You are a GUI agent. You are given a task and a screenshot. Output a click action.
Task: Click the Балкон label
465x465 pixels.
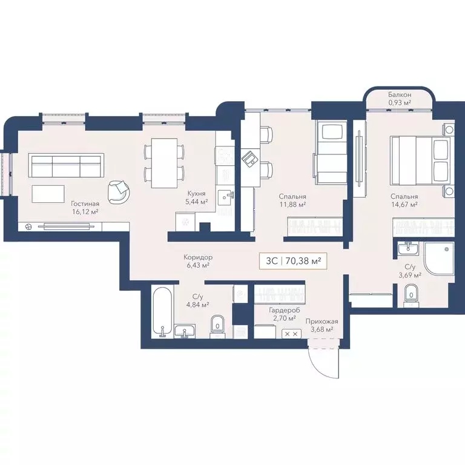coord(400,95)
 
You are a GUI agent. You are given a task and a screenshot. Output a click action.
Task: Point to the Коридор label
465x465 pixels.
coord(198,257)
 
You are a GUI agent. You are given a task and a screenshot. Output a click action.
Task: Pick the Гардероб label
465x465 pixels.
coord(284,309)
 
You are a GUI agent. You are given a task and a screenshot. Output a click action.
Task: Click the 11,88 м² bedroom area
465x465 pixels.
coord(292,205)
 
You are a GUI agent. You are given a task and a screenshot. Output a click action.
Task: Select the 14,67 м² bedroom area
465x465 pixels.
coord(404,205)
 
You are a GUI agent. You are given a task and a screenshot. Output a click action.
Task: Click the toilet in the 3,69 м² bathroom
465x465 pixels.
coord(412,294)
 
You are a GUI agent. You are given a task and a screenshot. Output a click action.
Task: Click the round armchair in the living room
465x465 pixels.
coord(119,191)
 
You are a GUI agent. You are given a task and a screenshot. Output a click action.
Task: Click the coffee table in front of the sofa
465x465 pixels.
coord(48,194)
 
